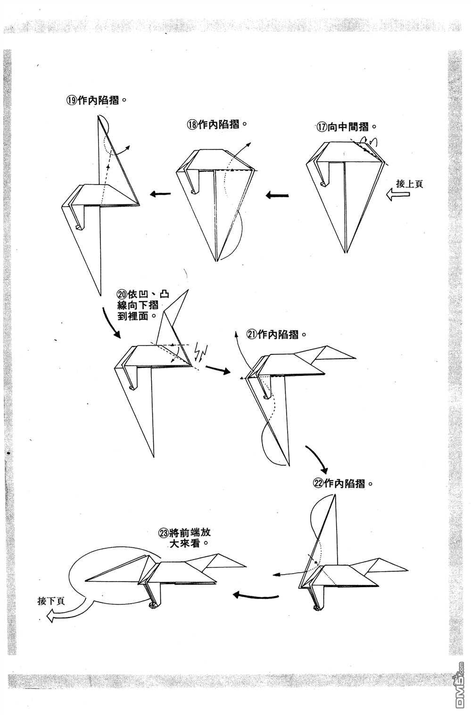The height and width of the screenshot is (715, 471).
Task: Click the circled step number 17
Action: tap(322, 127)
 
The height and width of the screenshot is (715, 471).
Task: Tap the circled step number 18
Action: tap(192, 124)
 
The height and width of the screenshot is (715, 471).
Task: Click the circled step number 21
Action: tap(252, 334)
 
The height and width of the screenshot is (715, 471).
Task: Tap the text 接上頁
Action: tap(409, 184)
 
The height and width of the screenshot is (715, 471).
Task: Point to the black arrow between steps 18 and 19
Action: tap(160, 194)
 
